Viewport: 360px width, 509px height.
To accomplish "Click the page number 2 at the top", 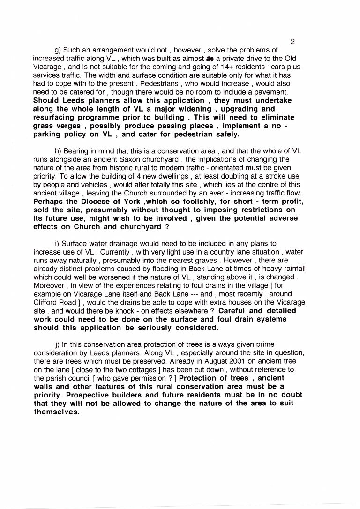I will click(292, 42).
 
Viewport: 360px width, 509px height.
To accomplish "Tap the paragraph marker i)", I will click(58, 243).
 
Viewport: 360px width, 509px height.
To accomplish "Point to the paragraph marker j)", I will click(58, 344).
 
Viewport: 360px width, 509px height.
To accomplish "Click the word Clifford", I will click(45, 302).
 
